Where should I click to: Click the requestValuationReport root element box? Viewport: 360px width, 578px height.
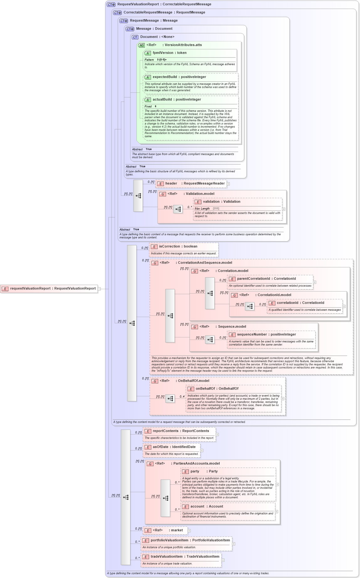pyautogui.click(x=49, y=289)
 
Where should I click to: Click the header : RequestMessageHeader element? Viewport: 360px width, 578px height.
pyautogui.click(x=191, y=184)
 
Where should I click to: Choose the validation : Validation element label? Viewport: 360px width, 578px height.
pyautogui.click(x=221, y=202)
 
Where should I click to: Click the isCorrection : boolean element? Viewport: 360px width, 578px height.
pyautogui.click(x=178, y=247)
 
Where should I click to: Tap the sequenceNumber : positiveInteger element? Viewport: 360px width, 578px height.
pyautogui.click(x=266, y=335)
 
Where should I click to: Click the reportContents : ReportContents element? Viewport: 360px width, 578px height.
pyautogui.click(x=180, y=431)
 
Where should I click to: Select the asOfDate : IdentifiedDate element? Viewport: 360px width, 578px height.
pyautogui.click(x=174, y=447)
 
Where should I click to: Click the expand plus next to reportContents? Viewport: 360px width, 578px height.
pyautogui.click(x=217, y=435)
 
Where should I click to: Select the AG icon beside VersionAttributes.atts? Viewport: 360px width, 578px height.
pyautogui.click(x=142, y=45)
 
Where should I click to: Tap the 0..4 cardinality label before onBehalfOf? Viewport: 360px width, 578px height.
pyautogui.click(x=182, y=397)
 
